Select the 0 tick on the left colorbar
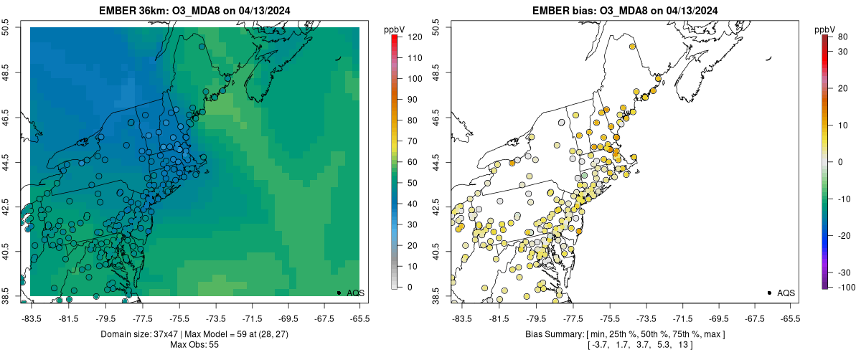[409, 287]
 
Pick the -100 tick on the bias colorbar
[843, 287]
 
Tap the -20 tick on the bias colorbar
[842, 235]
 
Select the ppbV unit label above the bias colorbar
[826, 29]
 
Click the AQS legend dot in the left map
[339, 293]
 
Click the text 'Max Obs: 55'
[194, 345]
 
